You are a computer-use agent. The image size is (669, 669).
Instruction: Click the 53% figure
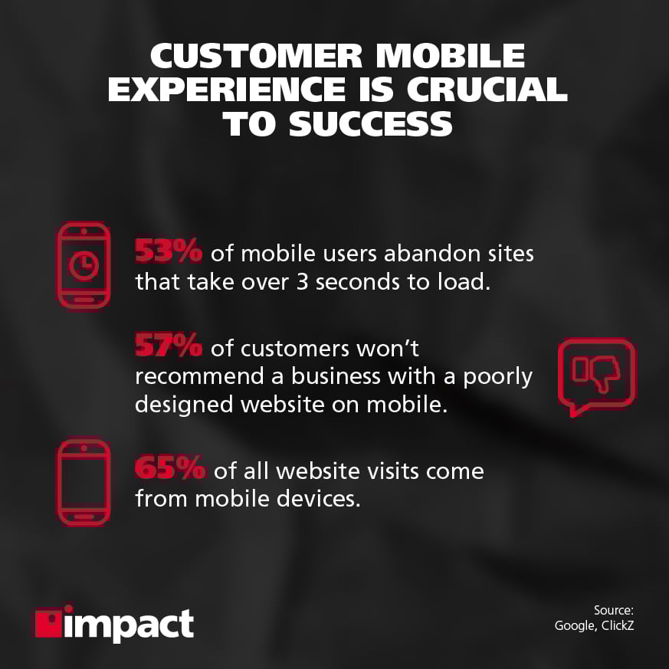pos(169,250)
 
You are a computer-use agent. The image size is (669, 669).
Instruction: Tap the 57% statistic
pos(169,346)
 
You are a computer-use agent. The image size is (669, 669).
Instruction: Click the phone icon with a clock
pos(84,265)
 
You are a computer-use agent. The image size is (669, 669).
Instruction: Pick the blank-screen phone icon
pos(84,481)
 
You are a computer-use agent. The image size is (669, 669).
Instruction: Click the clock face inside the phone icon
pos(84,264)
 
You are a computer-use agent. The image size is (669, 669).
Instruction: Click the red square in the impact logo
pos(51,623)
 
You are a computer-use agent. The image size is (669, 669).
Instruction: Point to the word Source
pos(614,610)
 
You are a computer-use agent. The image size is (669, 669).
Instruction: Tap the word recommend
pos(186,377)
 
